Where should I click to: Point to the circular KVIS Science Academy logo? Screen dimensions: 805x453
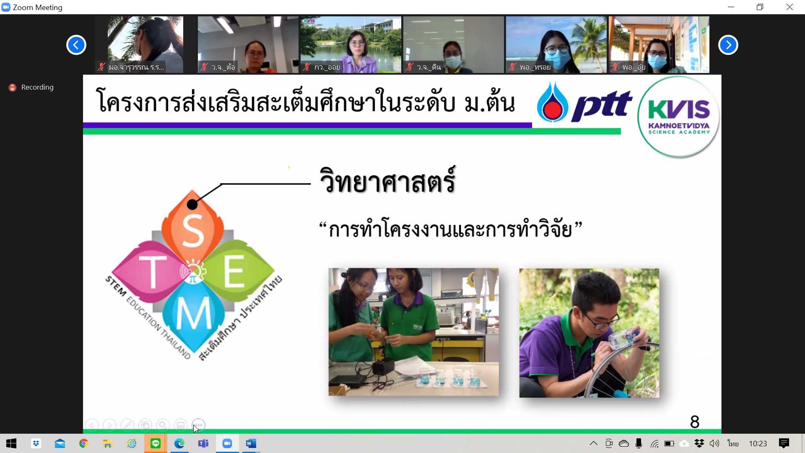678,117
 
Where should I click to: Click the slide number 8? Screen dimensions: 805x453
695,422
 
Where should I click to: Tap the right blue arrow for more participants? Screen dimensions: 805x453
728,45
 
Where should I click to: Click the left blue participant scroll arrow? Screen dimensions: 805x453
76,45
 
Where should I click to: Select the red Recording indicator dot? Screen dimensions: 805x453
13,87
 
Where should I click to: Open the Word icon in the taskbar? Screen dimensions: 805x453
251,443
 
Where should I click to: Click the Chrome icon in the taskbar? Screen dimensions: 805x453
83,443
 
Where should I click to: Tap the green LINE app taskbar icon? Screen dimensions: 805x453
156,443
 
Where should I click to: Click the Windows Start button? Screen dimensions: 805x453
11,443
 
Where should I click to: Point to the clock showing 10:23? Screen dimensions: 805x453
758,443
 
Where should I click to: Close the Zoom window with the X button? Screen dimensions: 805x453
790,7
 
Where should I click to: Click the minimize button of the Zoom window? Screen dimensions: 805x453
731,7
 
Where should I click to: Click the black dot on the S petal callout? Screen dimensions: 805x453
192,204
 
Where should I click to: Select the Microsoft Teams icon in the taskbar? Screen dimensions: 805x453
203,443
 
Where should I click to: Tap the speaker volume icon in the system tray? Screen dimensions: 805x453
714,443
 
